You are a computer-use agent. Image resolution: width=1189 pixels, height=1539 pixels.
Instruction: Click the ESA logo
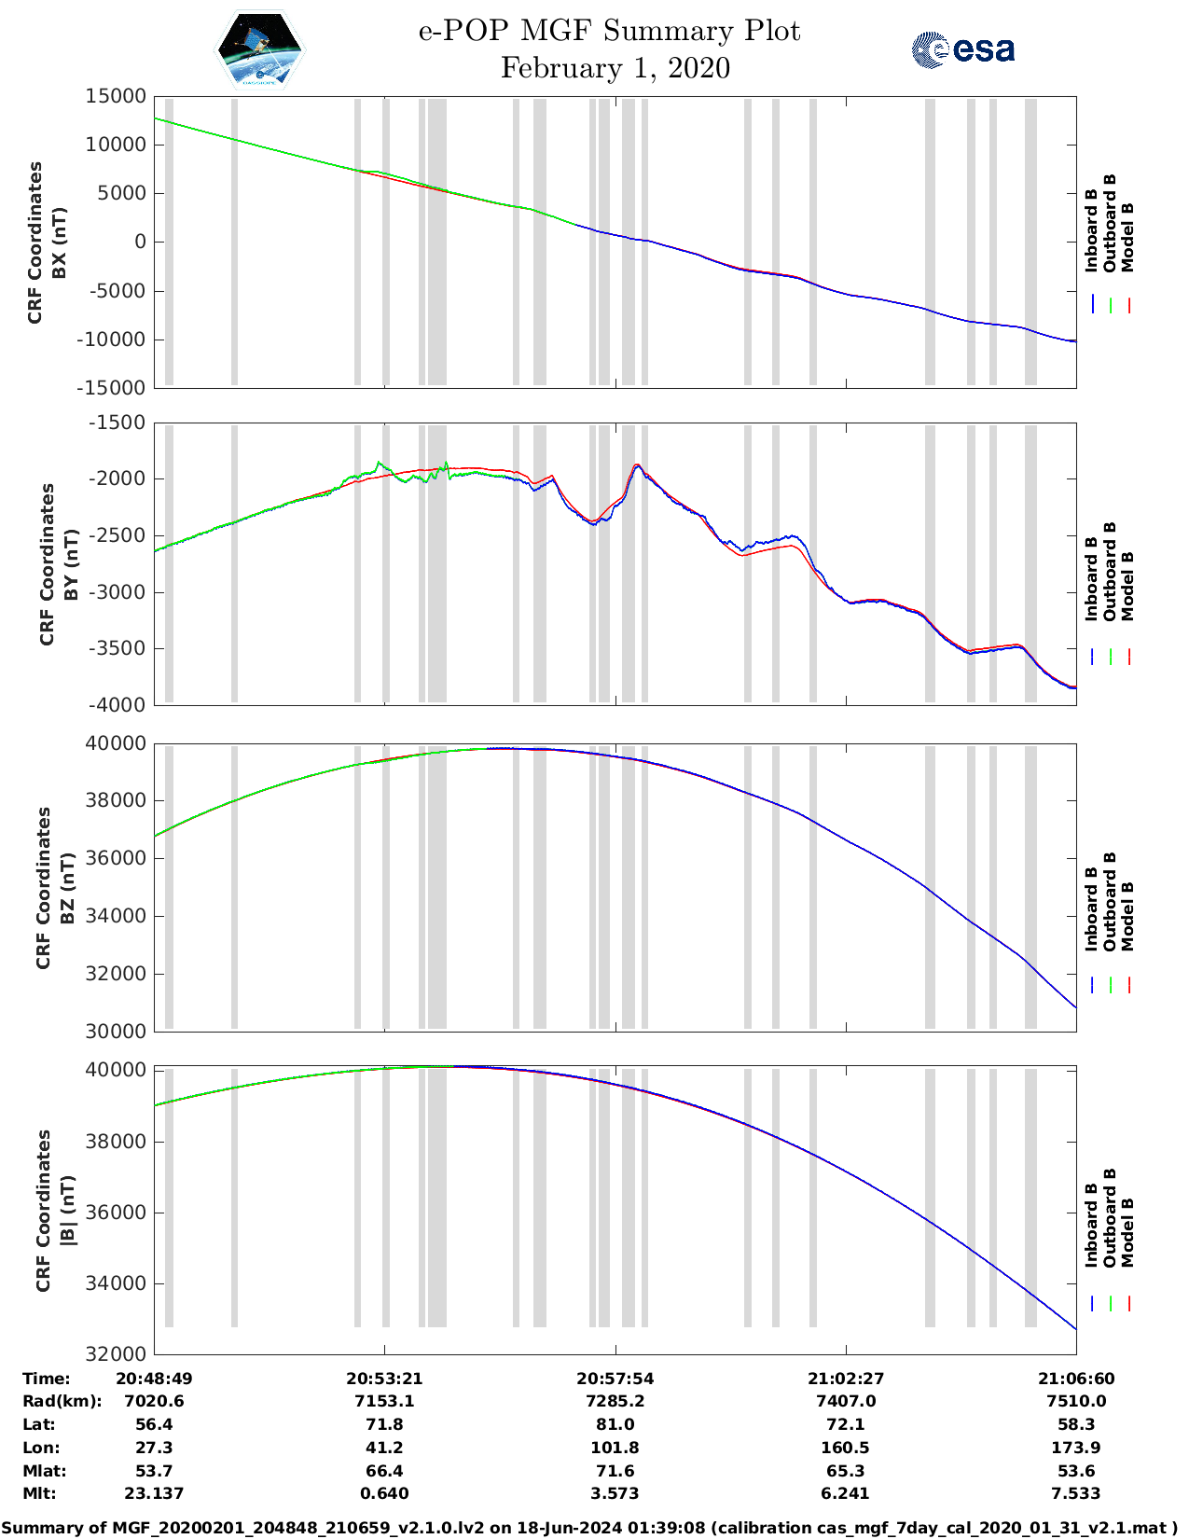pyautogui.click(x=963, y=49)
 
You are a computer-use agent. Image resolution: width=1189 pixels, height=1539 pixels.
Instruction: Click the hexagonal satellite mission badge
pyautogui.click(x=259, y=49)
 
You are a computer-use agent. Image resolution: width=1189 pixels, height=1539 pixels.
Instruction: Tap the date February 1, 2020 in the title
pyautogui.click(x=615, y=68)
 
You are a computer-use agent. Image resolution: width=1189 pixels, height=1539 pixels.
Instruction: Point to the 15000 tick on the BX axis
pyautogui.click(x=116, y=96)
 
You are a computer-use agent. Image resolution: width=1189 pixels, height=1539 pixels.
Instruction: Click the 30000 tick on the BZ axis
pyautogui.click(x=116, y=1031)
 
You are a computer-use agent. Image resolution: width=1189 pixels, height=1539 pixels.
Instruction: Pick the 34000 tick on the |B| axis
pyautogui.click(x=116, y=1283)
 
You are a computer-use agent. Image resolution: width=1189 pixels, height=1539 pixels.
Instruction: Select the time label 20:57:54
pyautogui.click(x=615, y=1379)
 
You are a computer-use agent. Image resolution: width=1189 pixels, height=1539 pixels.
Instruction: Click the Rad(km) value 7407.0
pyautogui.click(x=845, y=1401)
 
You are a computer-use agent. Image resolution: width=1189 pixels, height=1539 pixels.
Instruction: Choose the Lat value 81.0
pyautogui.click(x=615, y=1424)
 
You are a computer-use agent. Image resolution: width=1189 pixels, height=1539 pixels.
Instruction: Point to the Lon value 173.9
pyautogui.click(x=1075, y=1448)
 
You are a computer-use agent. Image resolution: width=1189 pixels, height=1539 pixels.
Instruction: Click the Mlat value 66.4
pyautogui.click(x=384, y=1471)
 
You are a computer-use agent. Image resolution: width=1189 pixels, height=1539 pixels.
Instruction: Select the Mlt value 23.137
pyautogui.click(x=154, y=1493)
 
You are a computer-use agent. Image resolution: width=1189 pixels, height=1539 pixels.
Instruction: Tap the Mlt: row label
pyautogui.click(x=39, y=1493)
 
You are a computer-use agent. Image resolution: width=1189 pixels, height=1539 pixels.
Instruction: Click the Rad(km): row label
pyautogui.click(x=62, y=1401)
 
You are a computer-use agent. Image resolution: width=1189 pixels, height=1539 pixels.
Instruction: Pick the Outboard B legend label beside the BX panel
pyautogui.click(x=1110, y=224)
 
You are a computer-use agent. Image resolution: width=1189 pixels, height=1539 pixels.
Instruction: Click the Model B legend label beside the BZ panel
pyautogui.click(x=1127, y=916)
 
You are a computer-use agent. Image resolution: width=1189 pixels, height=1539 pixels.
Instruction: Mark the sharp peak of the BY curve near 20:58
pyautogui.click(x=637, y=464)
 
